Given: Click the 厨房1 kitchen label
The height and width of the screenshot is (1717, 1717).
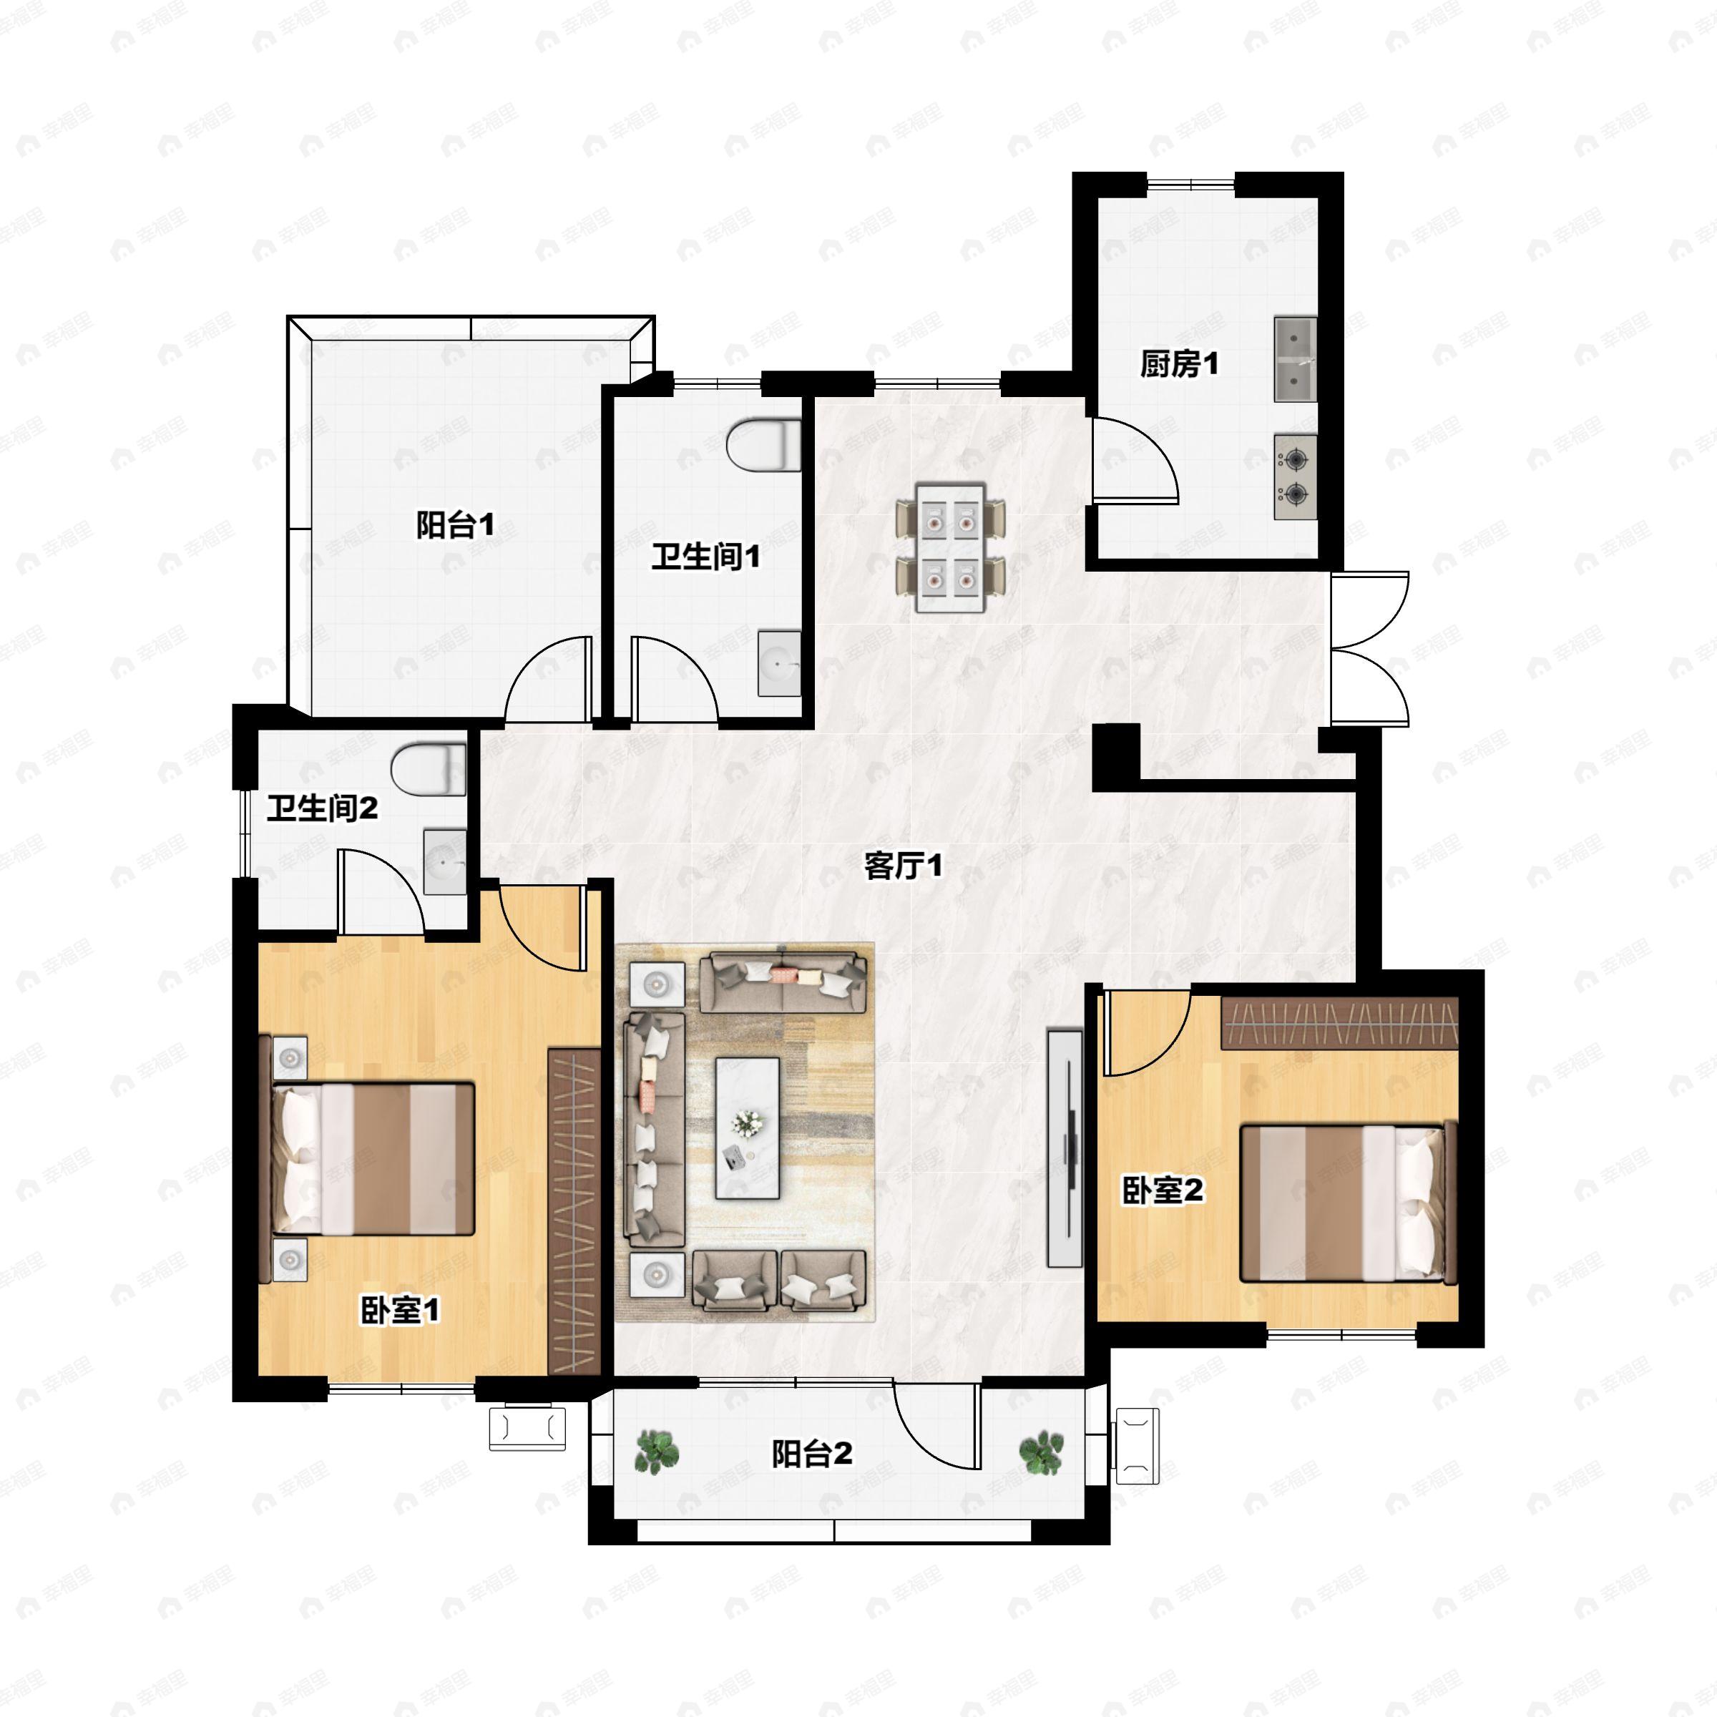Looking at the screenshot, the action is (1179, 363).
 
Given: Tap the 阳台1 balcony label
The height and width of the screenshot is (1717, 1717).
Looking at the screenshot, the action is (455, 525).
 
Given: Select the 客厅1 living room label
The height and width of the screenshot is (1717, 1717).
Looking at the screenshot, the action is (903, 866).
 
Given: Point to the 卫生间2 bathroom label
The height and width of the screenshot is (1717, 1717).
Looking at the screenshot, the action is (323, 808).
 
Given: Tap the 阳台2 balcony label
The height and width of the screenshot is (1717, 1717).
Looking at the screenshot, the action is (812, 1453).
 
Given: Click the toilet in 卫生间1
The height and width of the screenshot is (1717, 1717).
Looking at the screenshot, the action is (763, 444).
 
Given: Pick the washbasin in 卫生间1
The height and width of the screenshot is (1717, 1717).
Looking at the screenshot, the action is (779, 663).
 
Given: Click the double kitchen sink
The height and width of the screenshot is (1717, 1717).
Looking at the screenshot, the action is (1296, 359).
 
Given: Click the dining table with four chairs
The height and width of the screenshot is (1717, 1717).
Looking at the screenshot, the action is (951, 548).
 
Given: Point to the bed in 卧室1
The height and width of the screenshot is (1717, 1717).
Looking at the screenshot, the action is (366, 1158).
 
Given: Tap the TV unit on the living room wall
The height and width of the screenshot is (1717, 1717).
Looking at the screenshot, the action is (1065, 1148).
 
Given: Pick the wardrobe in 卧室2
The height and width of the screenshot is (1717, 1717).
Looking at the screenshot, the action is (1339, 1023).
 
